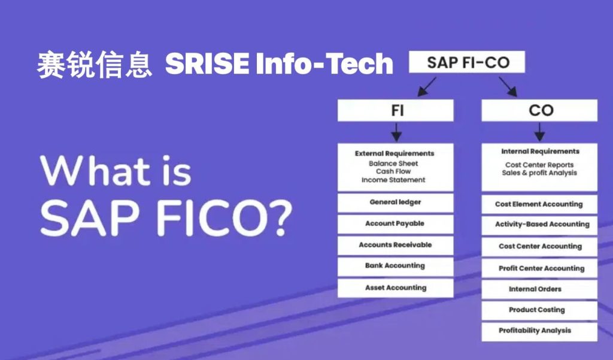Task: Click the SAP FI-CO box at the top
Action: point(467,62)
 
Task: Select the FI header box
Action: point(396,110)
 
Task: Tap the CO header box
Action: point(539,110)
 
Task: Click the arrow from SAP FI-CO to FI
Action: point(426,86)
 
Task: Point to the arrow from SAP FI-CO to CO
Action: point(508,86)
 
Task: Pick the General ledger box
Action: point(396,202)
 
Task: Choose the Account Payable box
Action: point(396,224)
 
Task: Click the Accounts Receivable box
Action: point(396,246)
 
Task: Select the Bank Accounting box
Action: point(396,267)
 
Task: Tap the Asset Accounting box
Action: point(396,288)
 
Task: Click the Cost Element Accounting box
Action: point(539,205)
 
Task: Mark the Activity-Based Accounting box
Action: point(539,225)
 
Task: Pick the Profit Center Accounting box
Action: point(539,268)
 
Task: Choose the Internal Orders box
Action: point(539,289)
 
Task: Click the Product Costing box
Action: point(539,310)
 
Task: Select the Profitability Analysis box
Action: point(539,331)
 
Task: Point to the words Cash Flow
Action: point(393,171)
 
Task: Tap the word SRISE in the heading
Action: point(207,63)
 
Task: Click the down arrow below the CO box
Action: point(539,132)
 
